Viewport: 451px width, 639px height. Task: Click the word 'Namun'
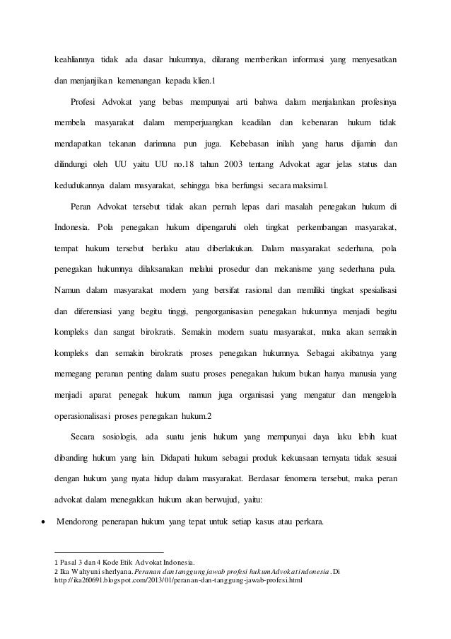point(67,289)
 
